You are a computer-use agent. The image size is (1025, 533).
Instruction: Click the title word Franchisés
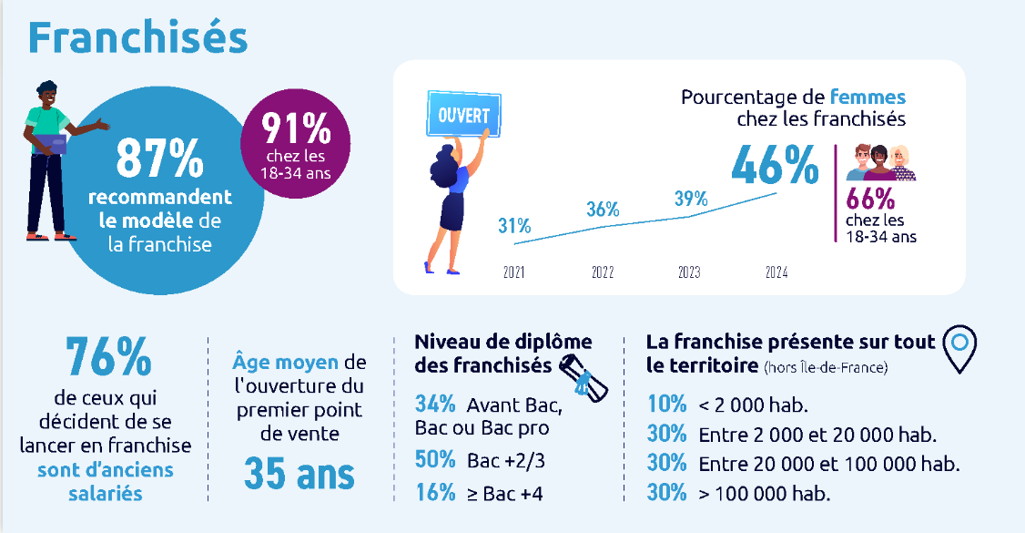pyautogui.click(x=137, y=37)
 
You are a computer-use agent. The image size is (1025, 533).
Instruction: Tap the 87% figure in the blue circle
pyautogui.click(x=159, y=159)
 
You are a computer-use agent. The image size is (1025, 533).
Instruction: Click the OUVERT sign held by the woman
pyautogui.click(x=463, y=117)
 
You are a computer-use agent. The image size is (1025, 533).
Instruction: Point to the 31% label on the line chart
pyautogui.click(x=514, y=225)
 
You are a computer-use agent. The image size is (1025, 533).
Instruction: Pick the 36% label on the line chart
pyautogui.click(x=603, y=209)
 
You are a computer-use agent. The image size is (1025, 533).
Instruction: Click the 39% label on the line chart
pyautogui.click(x=691, y=199)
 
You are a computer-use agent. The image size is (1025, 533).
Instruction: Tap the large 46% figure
pyautogui.click(x=776, y=166)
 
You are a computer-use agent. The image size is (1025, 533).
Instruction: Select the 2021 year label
pyautogui.click(x=514, y=272)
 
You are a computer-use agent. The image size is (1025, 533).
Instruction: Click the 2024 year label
pyautogui.click(x=776, y=272)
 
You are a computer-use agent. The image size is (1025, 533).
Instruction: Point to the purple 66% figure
pyautogui.click(x=871, y=199)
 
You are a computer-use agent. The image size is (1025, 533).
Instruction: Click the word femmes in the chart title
pyautogui.click(x=868, y=97)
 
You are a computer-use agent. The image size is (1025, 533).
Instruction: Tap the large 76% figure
pyautogui.click(x=108, y=357)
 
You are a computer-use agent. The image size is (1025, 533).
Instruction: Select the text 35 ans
pyautogui.click(x=299, y=474)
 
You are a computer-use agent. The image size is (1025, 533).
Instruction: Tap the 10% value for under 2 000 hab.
pyautogui.click(x=666, y=405)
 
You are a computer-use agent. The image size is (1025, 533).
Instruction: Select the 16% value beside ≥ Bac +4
pyautogui.click(x=434, y=493)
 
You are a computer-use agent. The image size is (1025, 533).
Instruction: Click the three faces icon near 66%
pyautogui.click(x=881, y=163)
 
